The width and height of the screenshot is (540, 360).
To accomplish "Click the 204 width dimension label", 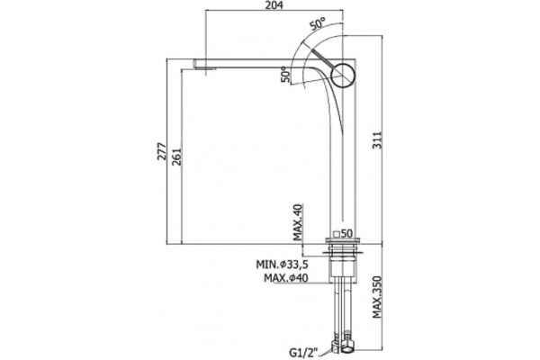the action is pyautogui.click(x=274, y=4).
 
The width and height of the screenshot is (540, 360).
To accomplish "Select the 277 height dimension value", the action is pyautogui.click(x=161, y=151).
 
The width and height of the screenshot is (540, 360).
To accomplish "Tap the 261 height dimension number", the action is pyautogui.click(x=176, y=157).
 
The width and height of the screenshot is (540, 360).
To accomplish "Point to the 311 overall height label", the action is pyautogui.click(x=378, y=139).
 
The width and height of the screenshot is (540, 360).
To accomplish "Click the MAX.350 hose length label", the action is pyautogui.click(x=377, y=297).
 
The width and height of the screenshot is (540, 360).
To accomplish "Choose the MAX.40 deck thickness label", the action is pyautogui.click(x=297, y=222).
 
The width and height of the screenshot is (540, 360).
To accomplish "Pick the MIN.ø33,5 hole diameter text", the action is pyautogui.click(x=282, y=265).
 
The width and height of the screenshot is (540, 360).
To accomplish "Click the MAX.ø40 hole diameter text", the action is pyautogui.click(x=286, y=278).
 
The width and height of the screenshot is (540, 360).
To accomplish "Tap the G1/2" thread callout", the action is pyautogui.click(x=304, y=353).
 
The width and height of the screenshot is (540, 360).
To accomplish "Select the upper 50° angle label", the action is pyautogui.click(x=317, y=24).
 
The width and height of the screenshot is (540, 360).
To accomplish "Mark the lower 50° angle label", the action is pyautogui.click(x=285, y=75).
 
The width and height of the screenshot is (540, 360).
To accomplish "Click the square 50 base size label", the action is pyautogui.click(x=343, y=234).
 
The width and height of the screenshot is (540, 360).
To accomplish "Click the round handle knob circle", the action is pyautogui.click(x=343, y=75).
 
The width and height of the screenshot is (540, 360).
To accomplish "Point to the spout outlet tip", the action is pyautogui.click(x=205, y=66).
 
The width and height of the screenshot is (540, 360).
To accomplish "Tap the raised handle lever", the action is pyautogui.click(x=324, y=58).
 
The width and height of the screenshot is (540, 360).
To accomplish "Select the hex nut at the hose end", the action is pyautogui.click(x=347, y=346).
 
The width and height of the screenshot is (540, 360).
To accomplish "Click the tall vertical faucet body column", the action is pyautogui.click(x=343, y=155).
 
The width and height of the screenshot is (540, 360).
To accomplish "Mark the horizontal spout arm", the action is pyautogui.click(x=262, y=63).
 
